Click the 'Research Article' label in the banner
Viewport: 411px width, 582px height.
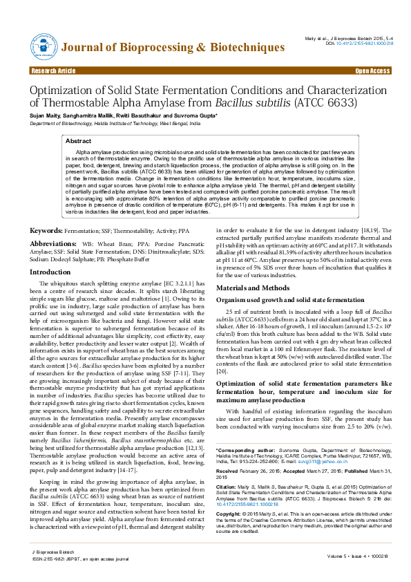click(x=53, y=71)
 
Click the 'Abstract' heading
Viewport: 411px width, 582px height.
click(x=78, y=140)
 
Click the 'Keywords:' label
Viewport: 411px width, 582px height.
click(x=50, y=210)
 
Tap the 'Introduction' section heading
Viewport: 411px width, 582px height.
click(x=50, y=272)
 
